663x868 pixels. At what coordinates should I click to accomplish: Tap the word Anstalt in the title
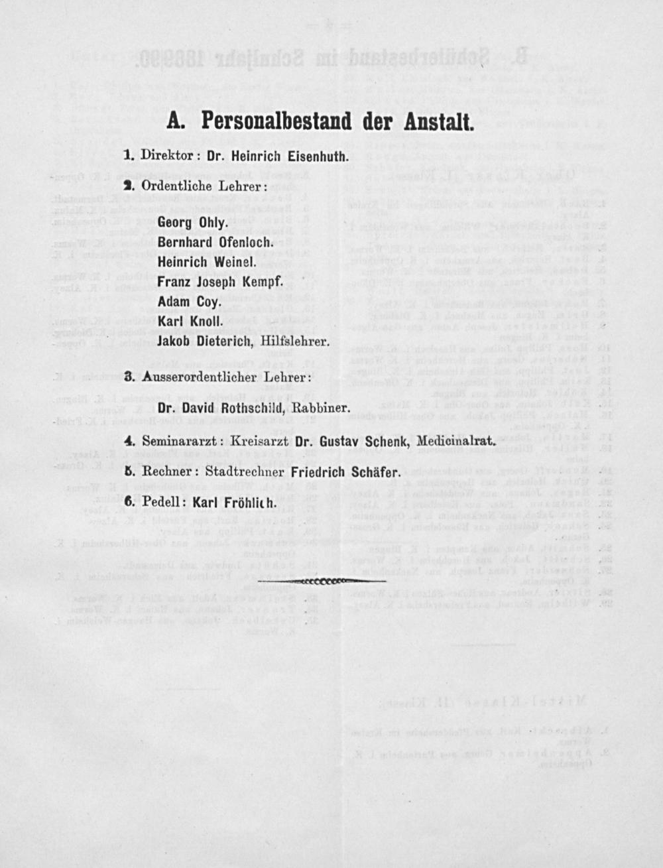pyautogui.click(x=434, y=121)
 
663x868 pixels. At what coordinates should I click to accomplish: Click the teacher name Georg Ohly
pyautogui.click(x=192, y=224)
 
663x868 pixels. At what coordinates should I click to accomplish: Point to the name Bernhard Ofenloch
pyautogui.click(x=215, y=243)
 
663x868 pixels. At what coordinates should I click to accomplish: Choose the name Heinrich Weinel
pyautogui.click(x=207, y=262)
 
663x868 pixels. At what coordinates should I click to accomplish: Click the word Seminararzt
pyautogui.click(x=183, y=440)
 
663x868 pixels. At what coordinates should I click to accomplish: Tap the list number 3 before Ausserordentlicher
pyautogui.click(x=129, y=377)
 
